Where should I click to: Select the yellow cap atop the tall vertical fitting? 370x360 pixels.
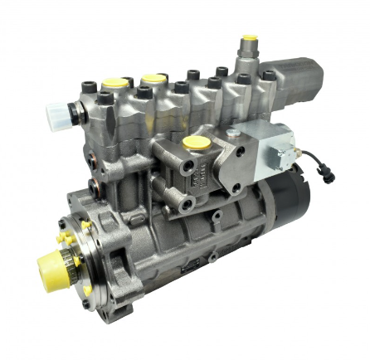click(248, 40)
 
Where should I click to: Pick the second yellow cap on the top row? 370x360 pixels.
click(152, 80)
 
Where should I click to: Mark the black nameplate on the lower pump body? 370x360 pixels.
click(189, 268)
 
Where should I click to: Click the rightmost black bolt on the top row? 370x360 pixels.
click(246, 79)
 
